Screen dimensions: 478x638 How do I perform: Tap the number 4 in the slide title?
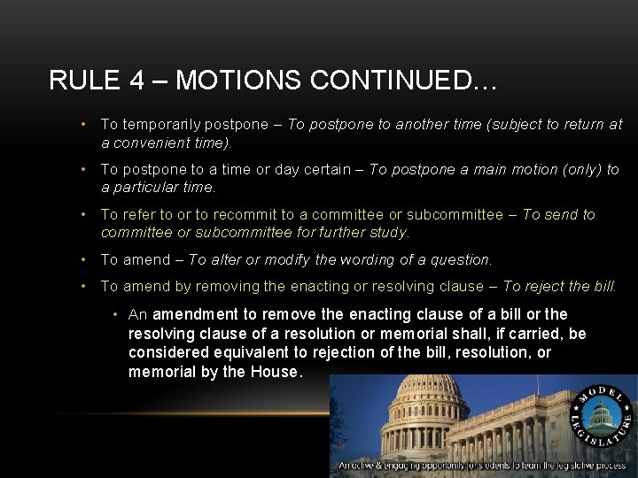[x=137, y=81]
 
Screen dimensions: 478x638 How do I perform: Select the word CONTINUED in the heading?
[x=392, y=81]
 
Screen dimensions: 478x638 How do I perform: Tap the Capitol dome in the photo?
[x=430, y=404]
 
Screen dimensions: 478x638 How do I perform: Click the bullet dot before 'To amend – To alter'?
[x=82, y=259]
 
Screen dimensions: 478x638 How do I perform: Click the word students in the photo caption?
[x=497, y=465]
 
